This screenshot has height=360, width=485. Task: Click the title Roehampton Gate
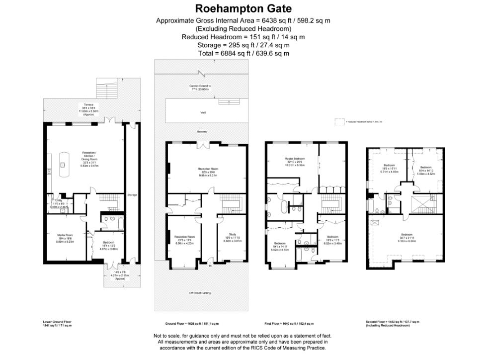[243, 8]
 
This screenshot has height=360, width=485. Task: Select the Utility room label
[59, 200]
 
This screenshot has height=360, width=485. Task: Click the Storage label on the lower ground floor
[132, 195]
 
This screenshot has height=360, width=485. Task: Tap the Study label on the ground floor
[232, 234]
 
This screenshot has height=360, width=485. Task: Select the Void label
[203, 113]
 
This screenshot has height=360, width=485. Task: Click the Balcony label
[201, 132]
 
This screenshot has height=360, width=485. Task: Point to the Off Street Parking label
[200, 293]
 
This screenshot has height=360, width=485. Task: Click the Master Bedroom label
[295, 159]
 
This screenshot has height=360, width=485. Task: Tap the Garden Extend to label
[200, 86]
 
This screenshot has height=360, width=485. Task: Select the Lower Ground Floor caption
[57, 322]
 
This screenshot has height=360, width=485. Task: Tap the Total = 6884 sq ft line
[243, 53]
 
